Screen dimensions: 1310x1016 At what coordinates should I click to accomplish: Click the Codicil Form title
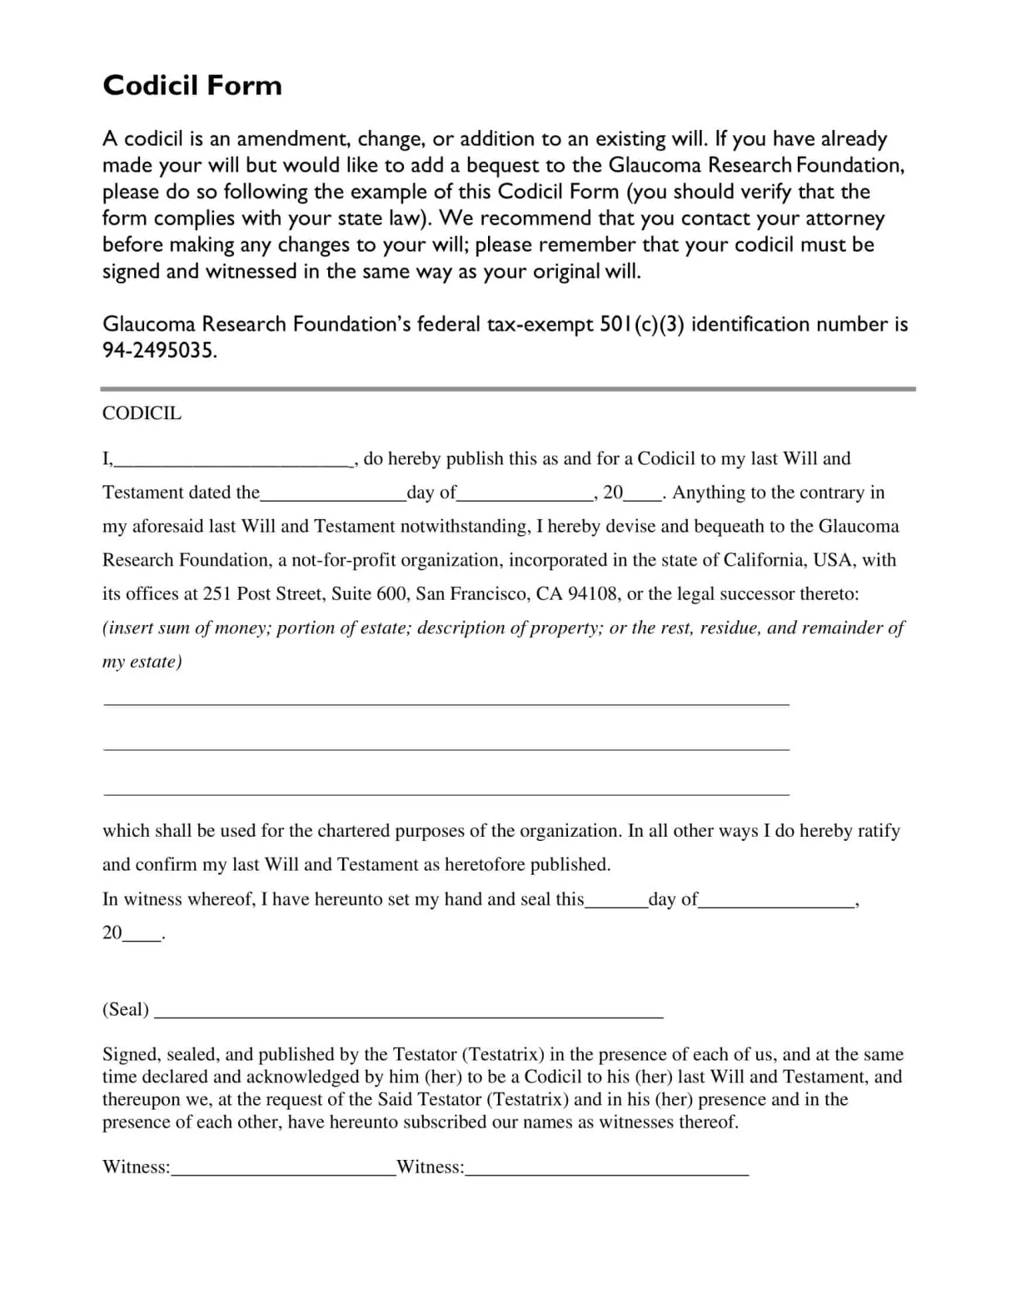click(192, 86)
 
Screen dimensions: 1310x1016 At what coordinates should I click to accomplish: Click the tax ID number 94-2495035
click(159, 351)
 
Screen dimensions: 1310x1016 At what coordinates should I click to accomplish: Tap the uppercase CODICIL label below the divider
click(142, 413)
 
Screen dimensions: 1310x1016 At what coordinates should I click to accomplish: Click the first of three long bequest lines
click(446, 705)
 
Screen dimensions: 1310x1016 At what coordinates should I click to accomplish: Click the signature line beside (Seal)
click(409, 1016)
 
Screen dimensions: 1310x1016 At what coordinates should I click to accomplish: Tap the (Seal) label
click(126, 1009)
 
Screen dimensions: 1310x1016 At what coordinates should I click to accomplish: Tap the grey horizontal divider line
click(507, 388)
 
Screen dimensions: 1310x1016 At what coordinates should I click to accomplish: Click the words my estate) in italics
click(142, 662)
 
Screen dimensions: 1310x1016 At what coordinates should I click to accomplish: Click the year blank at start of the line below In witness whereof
click(142, 937)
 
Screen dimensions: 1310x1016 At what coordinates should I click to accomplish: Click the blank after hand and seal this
click(616, 904)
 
